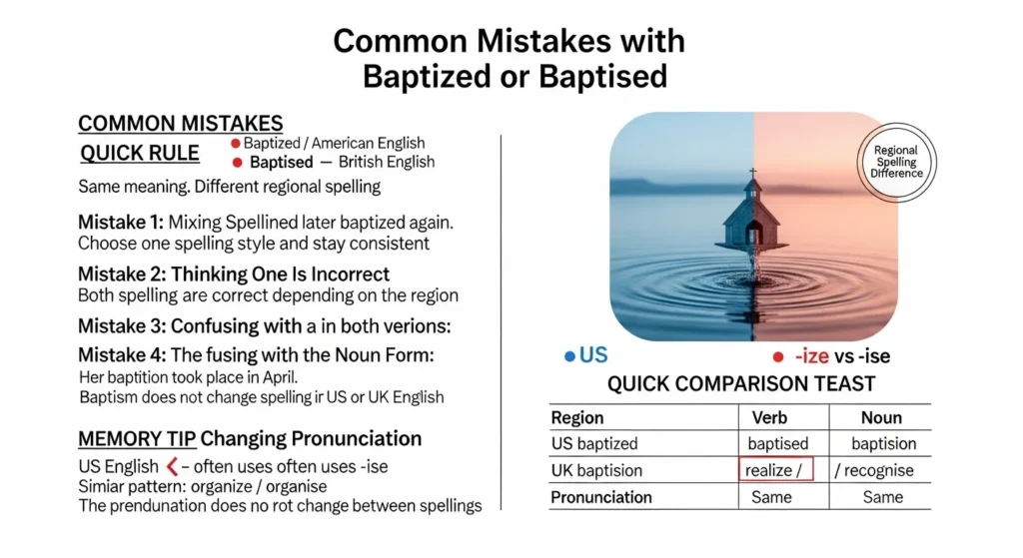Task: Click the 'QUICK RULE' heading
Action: (x=139, y=154)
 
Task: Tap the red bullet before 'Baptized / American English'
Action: (x=236, y=144)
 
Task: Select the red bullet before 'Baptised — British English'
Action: (x=238, y=162)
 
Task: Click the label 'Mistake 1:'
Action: (x=120, y=223)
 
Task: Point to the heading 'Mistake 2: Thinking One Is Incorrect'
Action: (x=234, y=274)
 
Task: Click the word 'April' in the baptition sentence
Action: (x=273, y=376)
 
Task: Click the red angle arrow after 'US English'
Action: (x=172, y=465)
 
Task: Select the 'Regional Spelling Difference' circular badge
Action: (x=896, y=163)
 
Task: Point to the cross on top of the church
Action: (x=751, y=175)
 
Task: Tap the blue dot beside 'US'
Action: (x=569, y=355)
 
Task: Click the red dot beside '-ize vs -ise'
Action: (x=778, y=355)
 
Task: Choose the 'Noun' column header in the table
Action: (x=880, y=418)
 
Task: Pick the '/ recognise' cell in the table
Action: (x=878, y=469)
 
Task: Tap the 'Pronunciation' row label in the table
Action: (x=601, y=496)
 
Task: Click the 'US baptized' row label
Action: (x=594, y=443)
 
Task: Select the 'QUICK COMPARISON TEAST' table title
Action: (x=741, y=383)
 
